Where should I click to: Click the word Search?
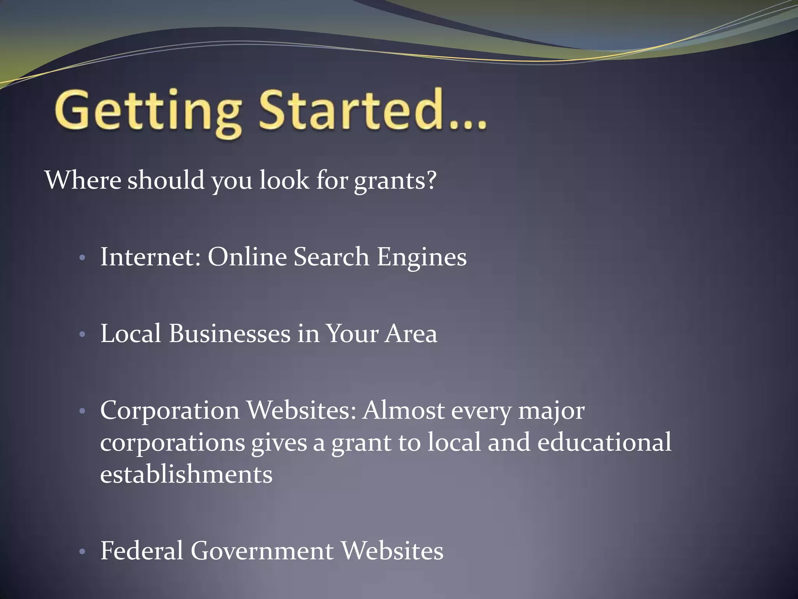pos(331,257)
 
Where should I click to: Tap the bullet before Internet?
pos(82,258)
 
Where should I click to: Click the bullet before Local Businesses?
pos(82,335)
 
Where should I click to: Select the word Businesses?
pos(230,334)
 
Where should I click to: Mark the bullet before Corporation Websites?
pos(82,411)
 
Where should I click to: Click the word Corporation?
pos(170,411)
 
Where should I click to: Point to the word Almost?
pos(403,411)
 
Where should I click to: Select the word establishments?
pos(186,475)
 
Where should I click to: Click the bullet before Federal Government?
pos(82,551)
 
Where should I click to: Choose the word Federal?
pos(142,551)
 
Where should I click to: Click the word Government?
pos(262,551)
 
